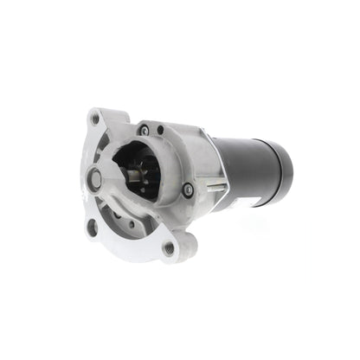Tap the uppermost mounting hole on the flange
[x=94, y=119]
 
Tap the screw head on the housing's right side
[x=189, y=190]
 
